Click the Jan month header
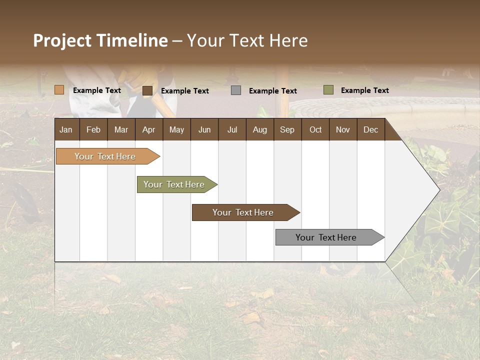[x=66, y=129]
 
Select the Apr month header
[x=149, y=129]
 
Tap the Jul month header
[x=232, y=129]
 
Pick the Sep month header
[x=287, y=129]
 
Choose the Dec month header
[x=370, y=129]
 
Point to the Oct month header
[x=315, y=129]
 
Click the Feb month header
[x=93, y=129]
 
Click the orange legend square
[x=59, y=90]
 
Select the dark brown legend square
[x=147, y=90]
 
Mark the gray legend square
[x=236, y=90]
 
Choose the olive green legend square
[x=328, y=90]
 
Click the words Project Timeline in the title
[x=100, y=40]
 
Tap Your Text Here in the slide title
[x=247, y=40]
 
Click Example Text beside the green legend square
[x=364, y=90]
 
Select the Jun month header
[x=204, y=129]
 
